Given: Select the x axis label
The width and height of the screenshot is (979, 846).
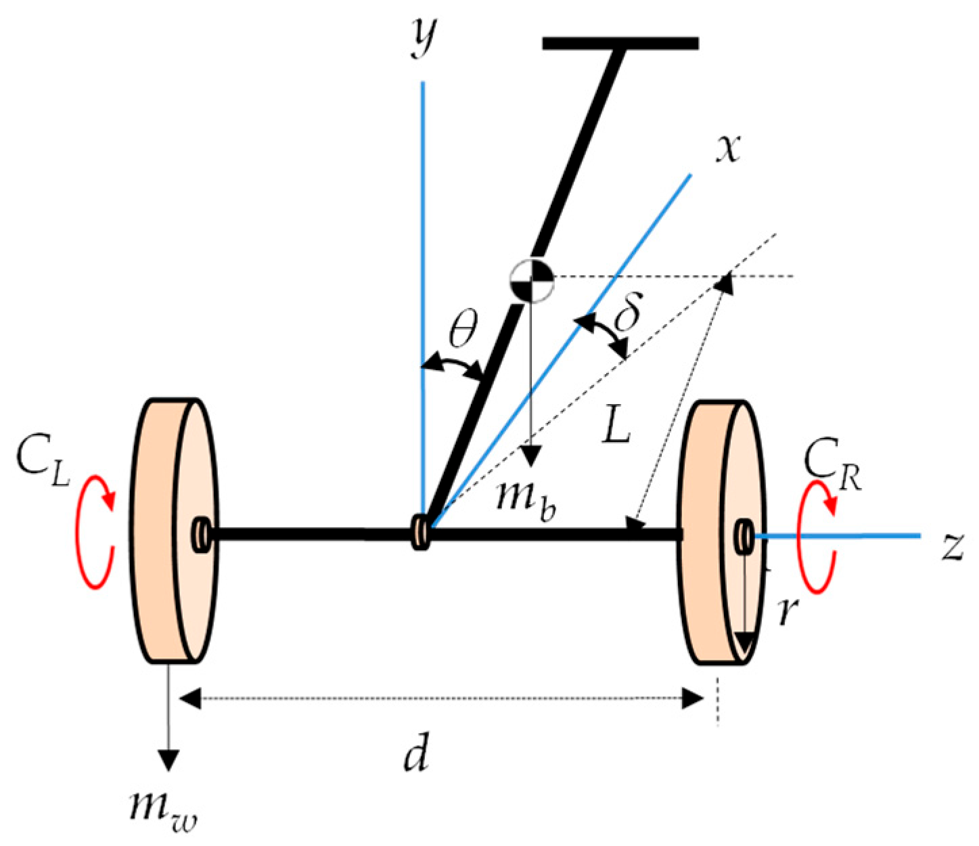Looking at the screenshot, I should point(729,147).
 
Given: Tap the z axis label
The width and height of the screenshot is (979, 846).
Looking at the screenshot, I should point(952,546).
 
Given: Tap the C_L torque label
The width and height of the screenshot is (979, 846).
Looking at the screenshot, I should point(43,461).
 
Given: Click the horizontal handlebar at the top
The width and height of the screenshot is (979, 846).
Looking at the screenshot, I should point(620,44).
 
